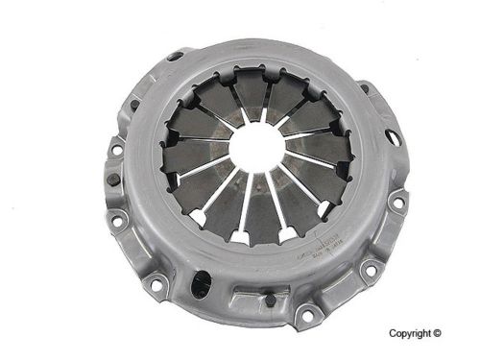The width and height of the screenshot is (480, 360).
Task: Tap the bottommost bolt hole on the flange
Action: click(x=306, y=312)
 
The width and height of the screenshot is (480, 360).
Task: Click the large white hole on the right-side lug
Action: click(x=393, y=137)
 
